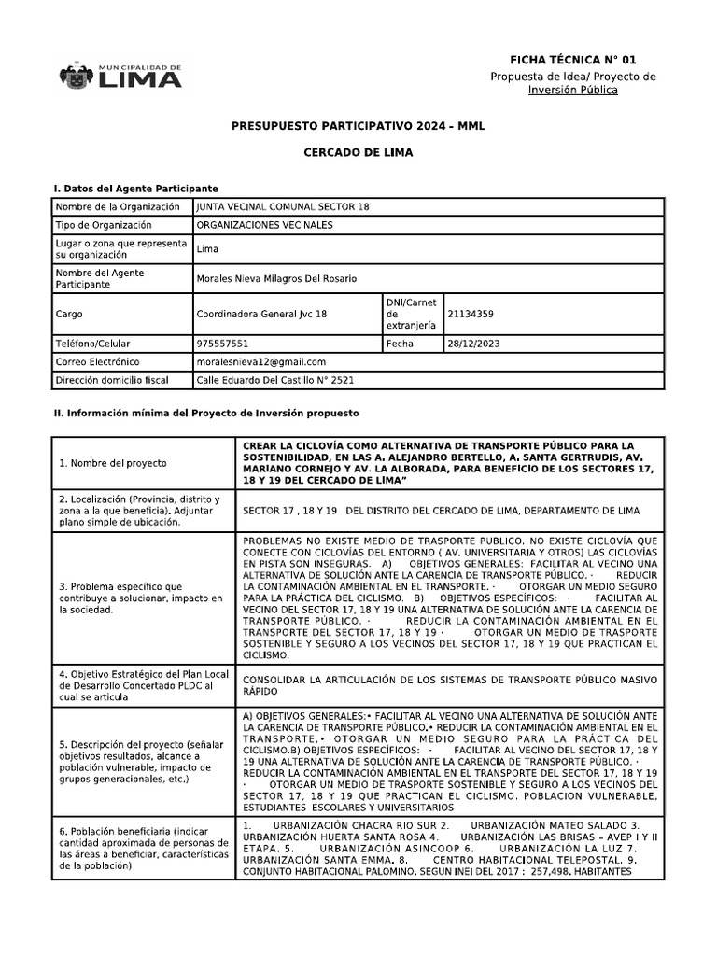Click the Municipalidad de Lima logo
pyautogui.click(x=120, y=76)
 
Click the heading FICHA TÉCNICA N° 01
pyautogui.click(x=572, y=59)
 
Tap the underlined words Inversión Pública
pyautogui.click(x=572, y=90)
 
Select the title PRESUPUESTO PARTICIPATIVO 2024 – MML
pyautogui.click(x=358, y=125)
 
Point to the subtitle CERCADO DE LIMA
pyautogui.click(x=358, y=151)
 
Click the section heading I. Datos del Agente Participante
pyautogui.click(x=134, y=188)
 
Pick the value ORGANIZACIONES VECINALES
pyautogui.click(x=264, y=225)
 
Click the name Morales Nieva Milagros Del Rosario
pyautogui.click(x=276, y=278)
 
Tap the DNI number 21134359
pyautogui.click(x=471, y=315)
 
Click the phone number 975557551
pyautogui.click(x=222, y=344)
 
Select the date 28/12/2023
pyautogui.click(x=474, y=344)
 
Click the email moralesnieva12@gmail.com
pyautogui.click(x=261, y=361)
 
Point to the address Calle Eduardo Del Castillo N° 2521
pyautogui.click(x=275, y=380)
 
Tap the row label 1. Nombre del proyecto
pyautogui.click(x=112, y=462)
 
